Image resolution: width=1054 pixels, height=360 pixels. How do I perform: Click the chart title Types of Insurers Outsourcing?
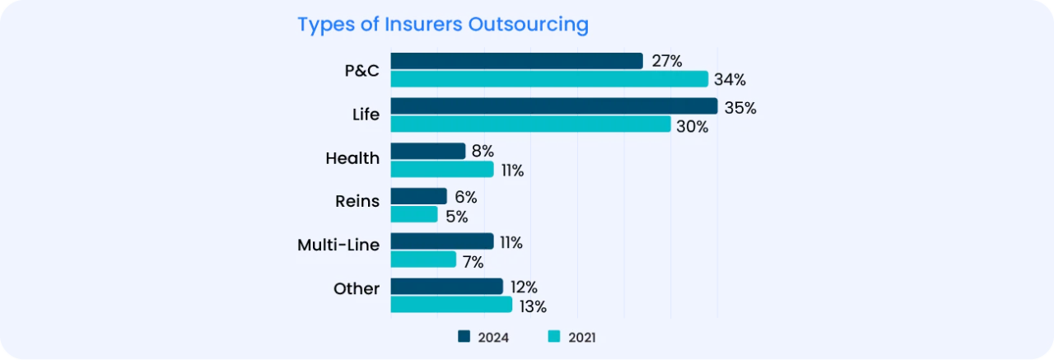point(442,25)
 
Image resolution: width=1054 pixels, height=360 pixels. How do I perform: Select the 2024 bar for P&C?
point(516,61)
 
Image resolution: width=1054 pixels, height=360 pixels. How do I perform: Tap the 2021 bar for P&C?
point(549,79)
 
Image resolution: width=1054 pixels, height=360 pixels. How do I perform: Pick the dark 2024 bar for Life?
point(553,106)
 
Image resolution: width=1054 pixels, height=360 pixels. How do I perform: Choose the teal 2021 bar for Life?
point(530,124)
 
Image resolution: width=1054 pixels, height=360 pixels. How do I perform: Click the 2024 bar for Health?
point(427,152)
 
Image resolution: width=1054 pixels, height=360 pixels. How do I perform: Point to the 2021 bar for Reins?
point(413,215)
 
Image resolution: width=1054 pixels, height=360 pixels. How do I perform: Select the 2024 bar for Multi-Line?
point(441,241)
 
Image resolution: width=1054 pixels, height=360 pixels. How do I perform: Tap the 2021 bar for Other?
point(451,305)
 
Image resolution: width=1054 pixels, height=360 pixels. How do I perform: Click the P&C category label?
point(361,70)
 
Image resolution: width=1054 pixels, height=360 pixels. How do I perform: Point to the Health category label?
point(352,158)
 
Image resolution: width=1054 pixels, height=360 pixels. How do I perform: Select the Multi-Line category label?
point(338,245)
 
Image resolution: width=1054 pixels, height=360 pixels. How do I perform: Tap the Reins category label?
point(357,201)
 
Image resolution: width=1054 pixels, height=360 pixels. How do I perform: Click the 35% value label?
point(739,108)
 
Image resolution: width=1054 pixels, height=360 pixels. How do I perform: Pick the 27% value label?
point(665,62)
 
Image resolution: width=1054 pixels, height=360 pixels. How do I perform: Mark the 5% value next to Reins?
point(456,217)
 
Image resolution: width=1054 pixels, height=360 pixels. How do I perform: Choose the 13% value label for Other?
point(531,306)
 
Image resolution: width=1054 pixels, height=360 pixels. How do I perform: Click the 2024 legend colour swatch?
point(464,336)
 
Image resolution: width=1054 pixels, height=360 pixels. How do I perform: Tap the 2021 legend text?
point(581,337)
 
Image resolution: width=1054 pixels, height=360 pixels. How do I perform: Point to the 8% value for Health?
point(483,152)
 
